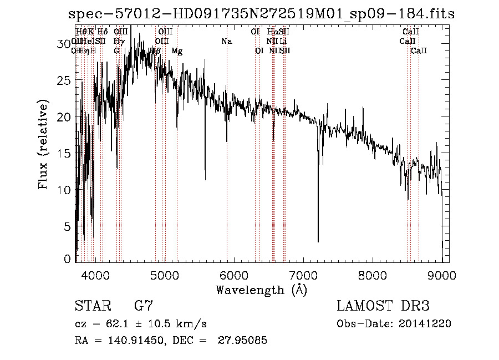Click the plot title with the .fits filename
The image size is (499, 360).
tap(261, 14)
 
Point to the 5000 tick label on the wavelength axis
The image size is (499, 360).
tap(164, 275)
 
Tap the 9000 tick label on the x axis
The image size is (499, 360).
tap(442, 275)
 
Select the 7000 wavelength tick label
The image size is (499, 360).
tap(303, 275)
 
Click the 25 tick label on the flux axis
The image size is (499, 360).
tap(66, 80)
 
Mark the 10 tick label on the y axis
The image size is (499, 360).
tap(66, 190)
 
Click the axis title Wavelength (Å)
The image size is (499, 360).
tap(261, 290)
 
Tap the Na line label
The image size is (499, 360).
tap(226, 42)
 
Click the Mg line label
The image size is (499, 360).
tap(177, 51)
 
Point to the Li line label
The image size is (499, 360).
tap(283, 42)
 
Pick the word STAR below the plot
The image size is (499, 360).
tap(92, 306)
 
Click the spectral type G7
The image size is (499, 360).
tap(144, 306)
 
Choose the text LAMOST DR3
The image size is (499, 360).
tap(383, 306)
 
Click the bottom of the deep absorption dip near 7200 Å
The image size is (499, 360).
tap(318, 241)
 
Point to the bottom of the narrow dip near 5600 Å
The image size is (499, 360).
tap(205, 179)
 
